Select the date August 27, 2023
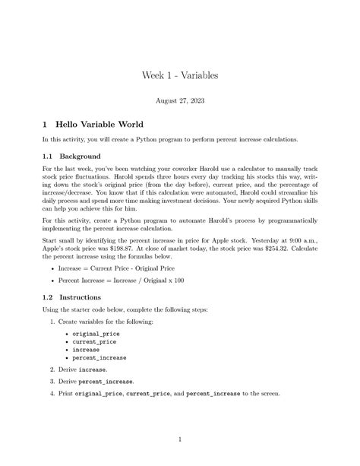[x=179, y=100]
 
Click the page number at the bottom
[x=179, y=439]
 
